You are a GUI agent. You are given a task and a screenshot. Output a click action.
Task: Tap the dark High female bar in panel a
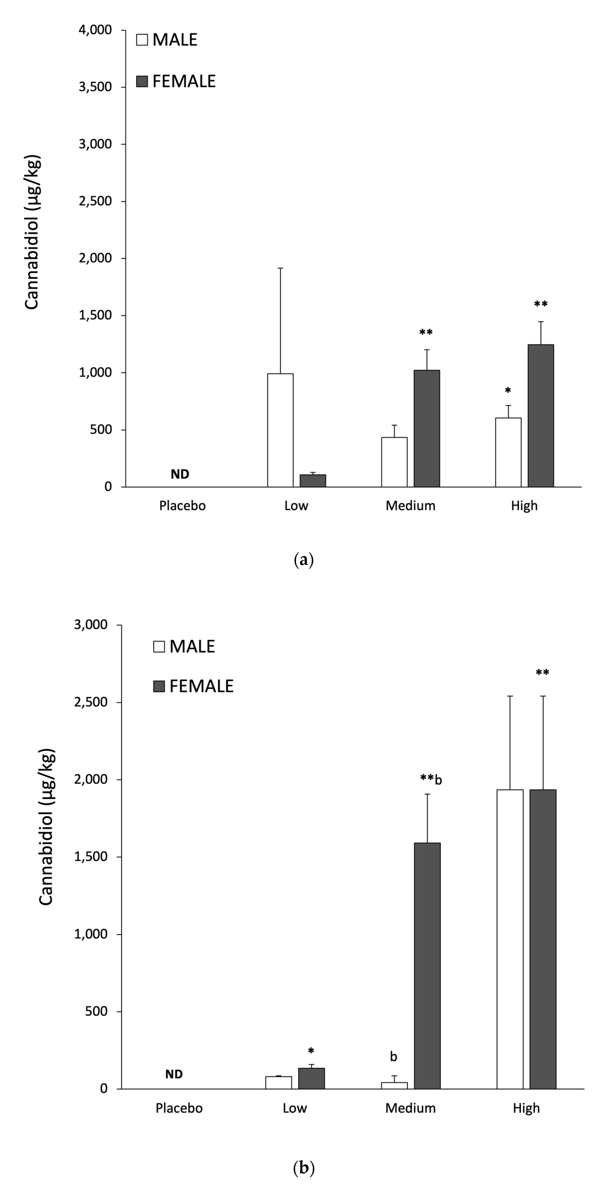(x=541, y=415)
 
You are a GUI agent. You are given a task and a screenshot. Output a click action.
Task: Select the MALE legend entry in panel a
(x=167, y=40)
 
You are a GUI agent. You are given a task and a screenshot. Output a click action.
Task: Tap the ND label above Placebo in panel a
(x=180, y=474)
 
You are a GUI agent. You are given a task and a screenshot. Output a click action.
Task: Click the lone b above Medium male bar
(x=394, y=1057)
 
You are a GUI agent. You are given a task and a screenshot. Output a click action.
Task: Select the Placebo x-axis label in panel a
(x=182, y=506)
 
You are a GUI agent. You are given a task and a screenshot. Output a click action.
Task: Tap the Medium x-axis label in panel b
(x=410, y=1108)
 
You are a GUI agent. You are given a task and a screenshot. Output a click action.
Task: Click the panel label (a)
(x=304, y=560)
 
